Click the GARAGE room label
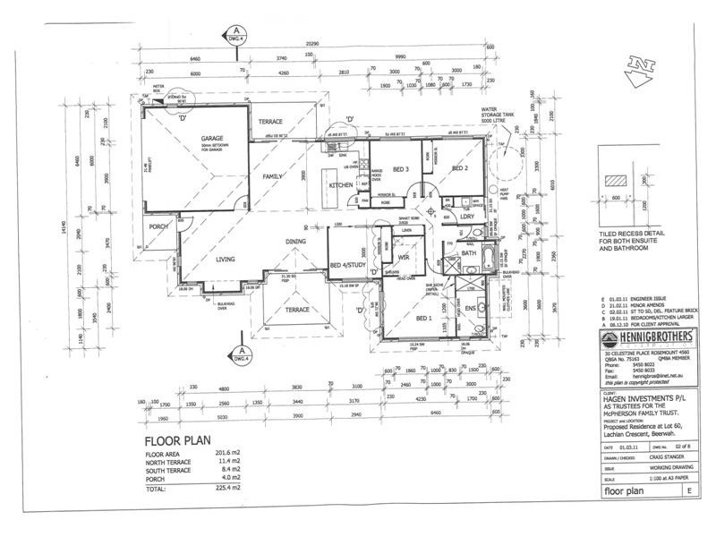(x=211, y=139)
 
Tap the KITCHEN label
(x=341, y=185)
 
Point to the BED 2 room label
(x=459, y=169)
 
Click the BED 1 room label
(x=423, y=318)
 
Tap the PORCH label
(x=159, y=226)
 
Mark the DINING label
(x=296, y=242)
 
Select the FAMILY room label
(x=273, y=176)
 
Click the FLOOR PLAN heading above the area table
(x=177, y=441)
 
